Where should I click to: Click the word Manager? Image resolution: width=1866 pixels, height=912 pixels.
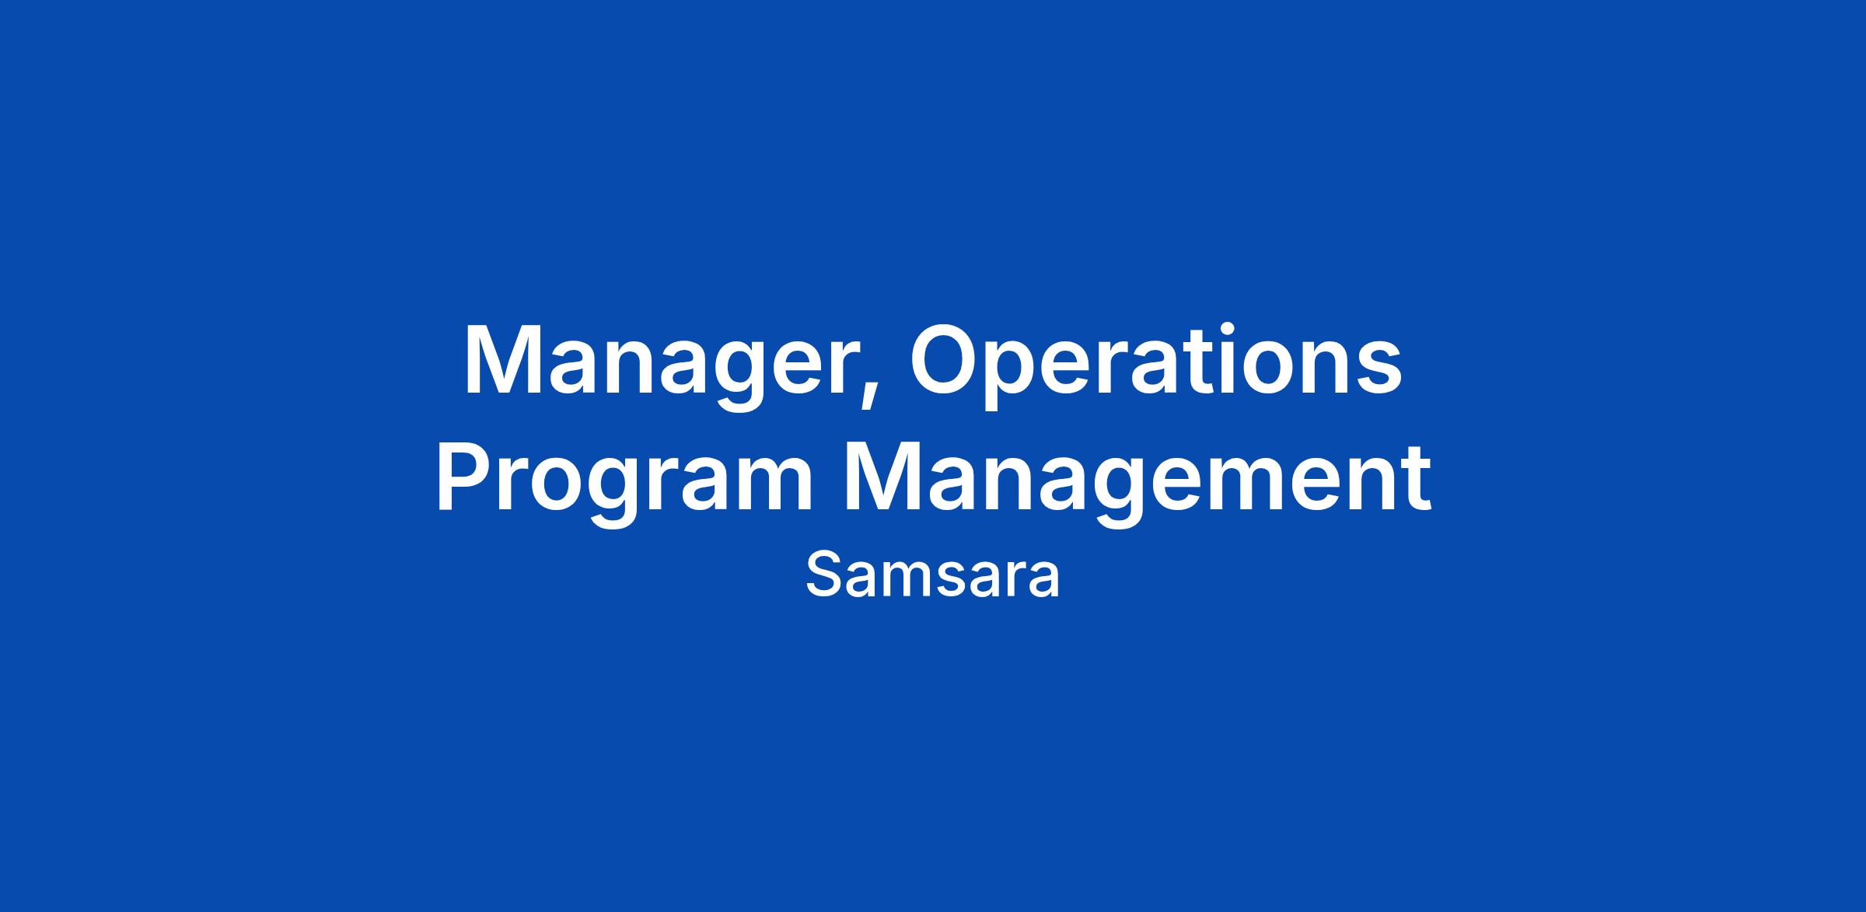pos(671,365)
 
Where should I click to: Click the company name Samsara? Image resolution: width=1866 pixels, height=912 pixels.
pos(932,576)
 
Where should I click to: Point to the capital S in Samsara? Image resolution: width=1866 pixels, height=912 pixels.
pos(825,576)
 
